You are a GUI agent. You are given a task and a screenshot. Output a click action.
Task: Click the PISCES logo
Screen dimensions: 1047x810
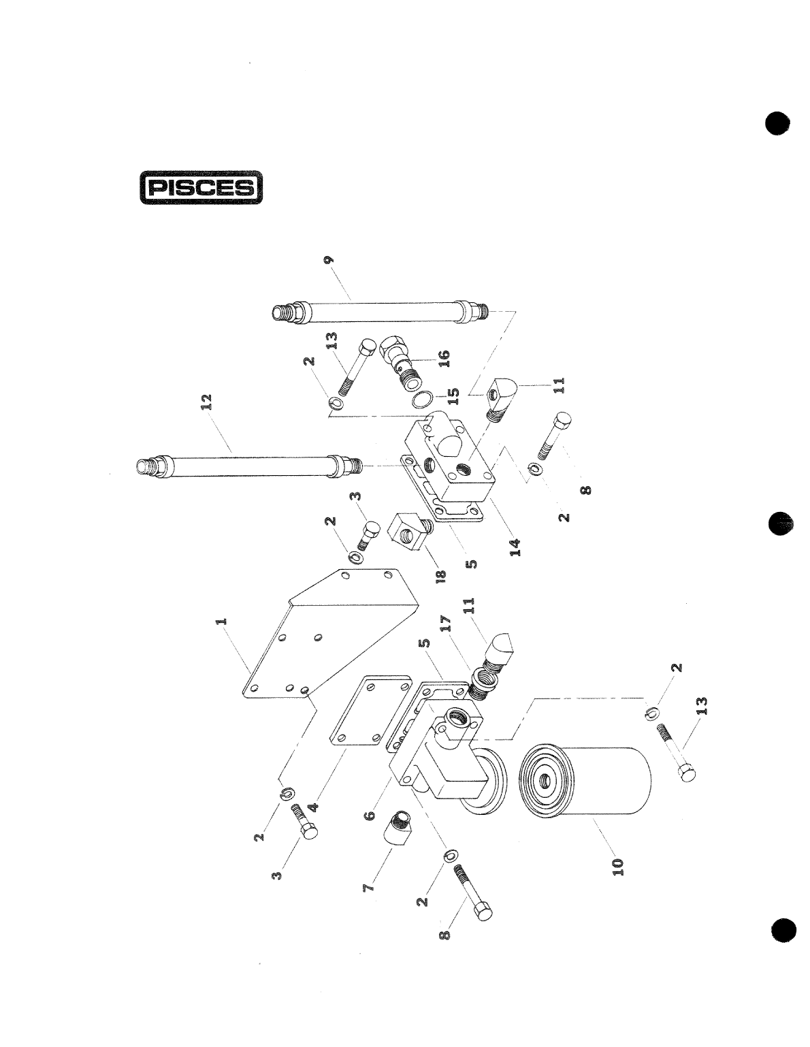point(201,187)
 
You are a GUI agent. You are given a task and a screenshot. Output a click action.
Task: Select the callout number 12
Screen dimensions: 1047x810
point(209,401)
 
